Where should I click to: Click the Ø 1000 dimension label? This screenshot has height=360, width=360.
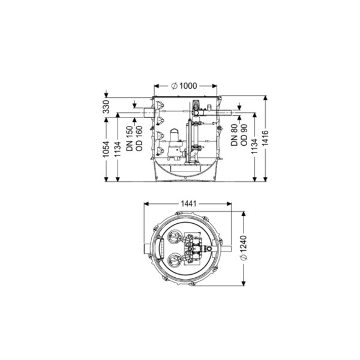[x=184, y=86]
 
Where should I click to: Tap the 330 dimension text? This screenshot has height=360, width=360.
[x=106, y=107]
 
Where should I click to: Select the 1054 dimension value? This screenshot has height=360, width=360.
[x=106, y=149]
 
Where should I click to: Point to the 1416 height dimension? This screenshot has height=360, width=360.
[x=265, y=138]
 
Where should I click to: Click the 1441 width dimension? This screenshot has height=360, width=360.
[x=189, y=203]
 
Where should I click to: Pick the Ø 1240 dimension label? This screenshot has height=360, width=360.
[x=244, y=247]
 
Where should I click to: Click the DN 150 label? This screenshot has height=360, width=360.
[x=130, y=139]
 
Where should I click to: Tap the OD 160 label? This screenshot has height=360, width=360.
[x=139, y=139]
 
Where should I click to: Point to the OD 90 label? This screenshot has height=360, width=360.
[x=244, y=135]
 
